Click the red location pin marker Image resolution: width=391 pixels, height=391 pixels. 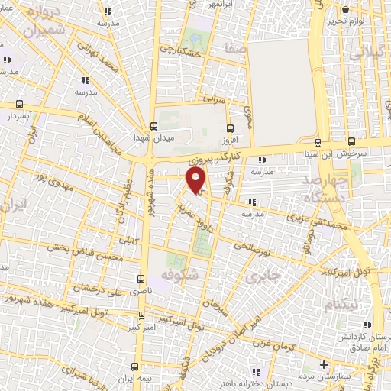click(x=196, y=181)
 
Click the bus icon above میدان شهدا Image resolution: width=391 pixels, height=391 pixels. click(x=154, y=126)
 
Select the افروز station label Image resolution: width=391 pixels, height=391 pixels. click(x=231, y=141)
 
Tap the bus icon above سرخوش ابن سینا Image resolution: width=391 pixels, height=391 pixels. click(x=351, y=141)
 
